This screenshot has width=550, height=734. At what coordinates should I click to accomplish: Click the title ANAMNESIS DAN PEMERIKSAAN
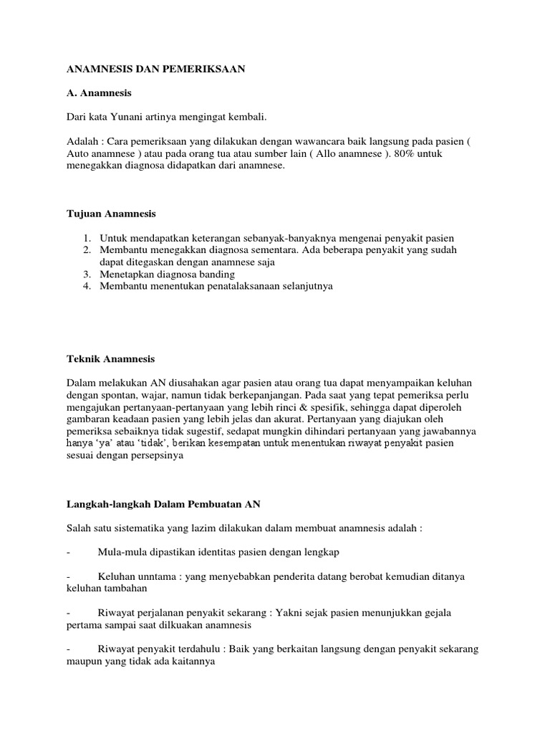[155, 69]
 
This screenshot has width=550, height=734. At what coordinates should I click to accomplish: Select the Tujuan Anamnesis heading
[110, 214]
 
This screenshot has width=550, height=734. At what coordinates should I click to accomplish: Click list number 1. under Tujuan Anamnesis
[86, 237]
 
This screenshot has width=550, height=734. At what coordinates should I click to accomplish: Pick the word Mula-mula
[122, 552]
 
